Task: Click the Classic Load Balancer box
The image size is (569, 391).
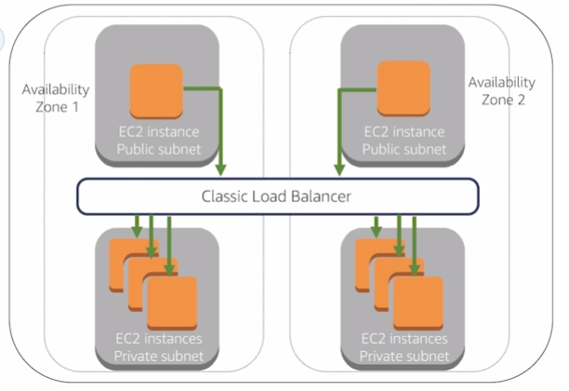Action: point(276,196)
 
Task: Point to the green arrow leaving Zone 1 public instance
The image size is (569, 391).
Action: point(221,130)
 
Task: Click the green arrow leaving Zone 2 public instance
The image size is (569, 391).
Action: point(338,130)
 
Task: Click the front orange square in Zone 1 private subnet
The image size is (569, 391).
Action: point(171,303)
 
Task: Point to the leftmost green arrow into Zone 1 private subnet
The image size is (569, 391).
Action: point(136,225)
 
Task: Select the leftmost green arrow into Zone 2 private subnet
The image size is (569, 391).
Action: point(377,225)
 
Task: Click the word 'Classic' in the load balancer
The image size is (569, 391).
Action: point(224,196)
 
